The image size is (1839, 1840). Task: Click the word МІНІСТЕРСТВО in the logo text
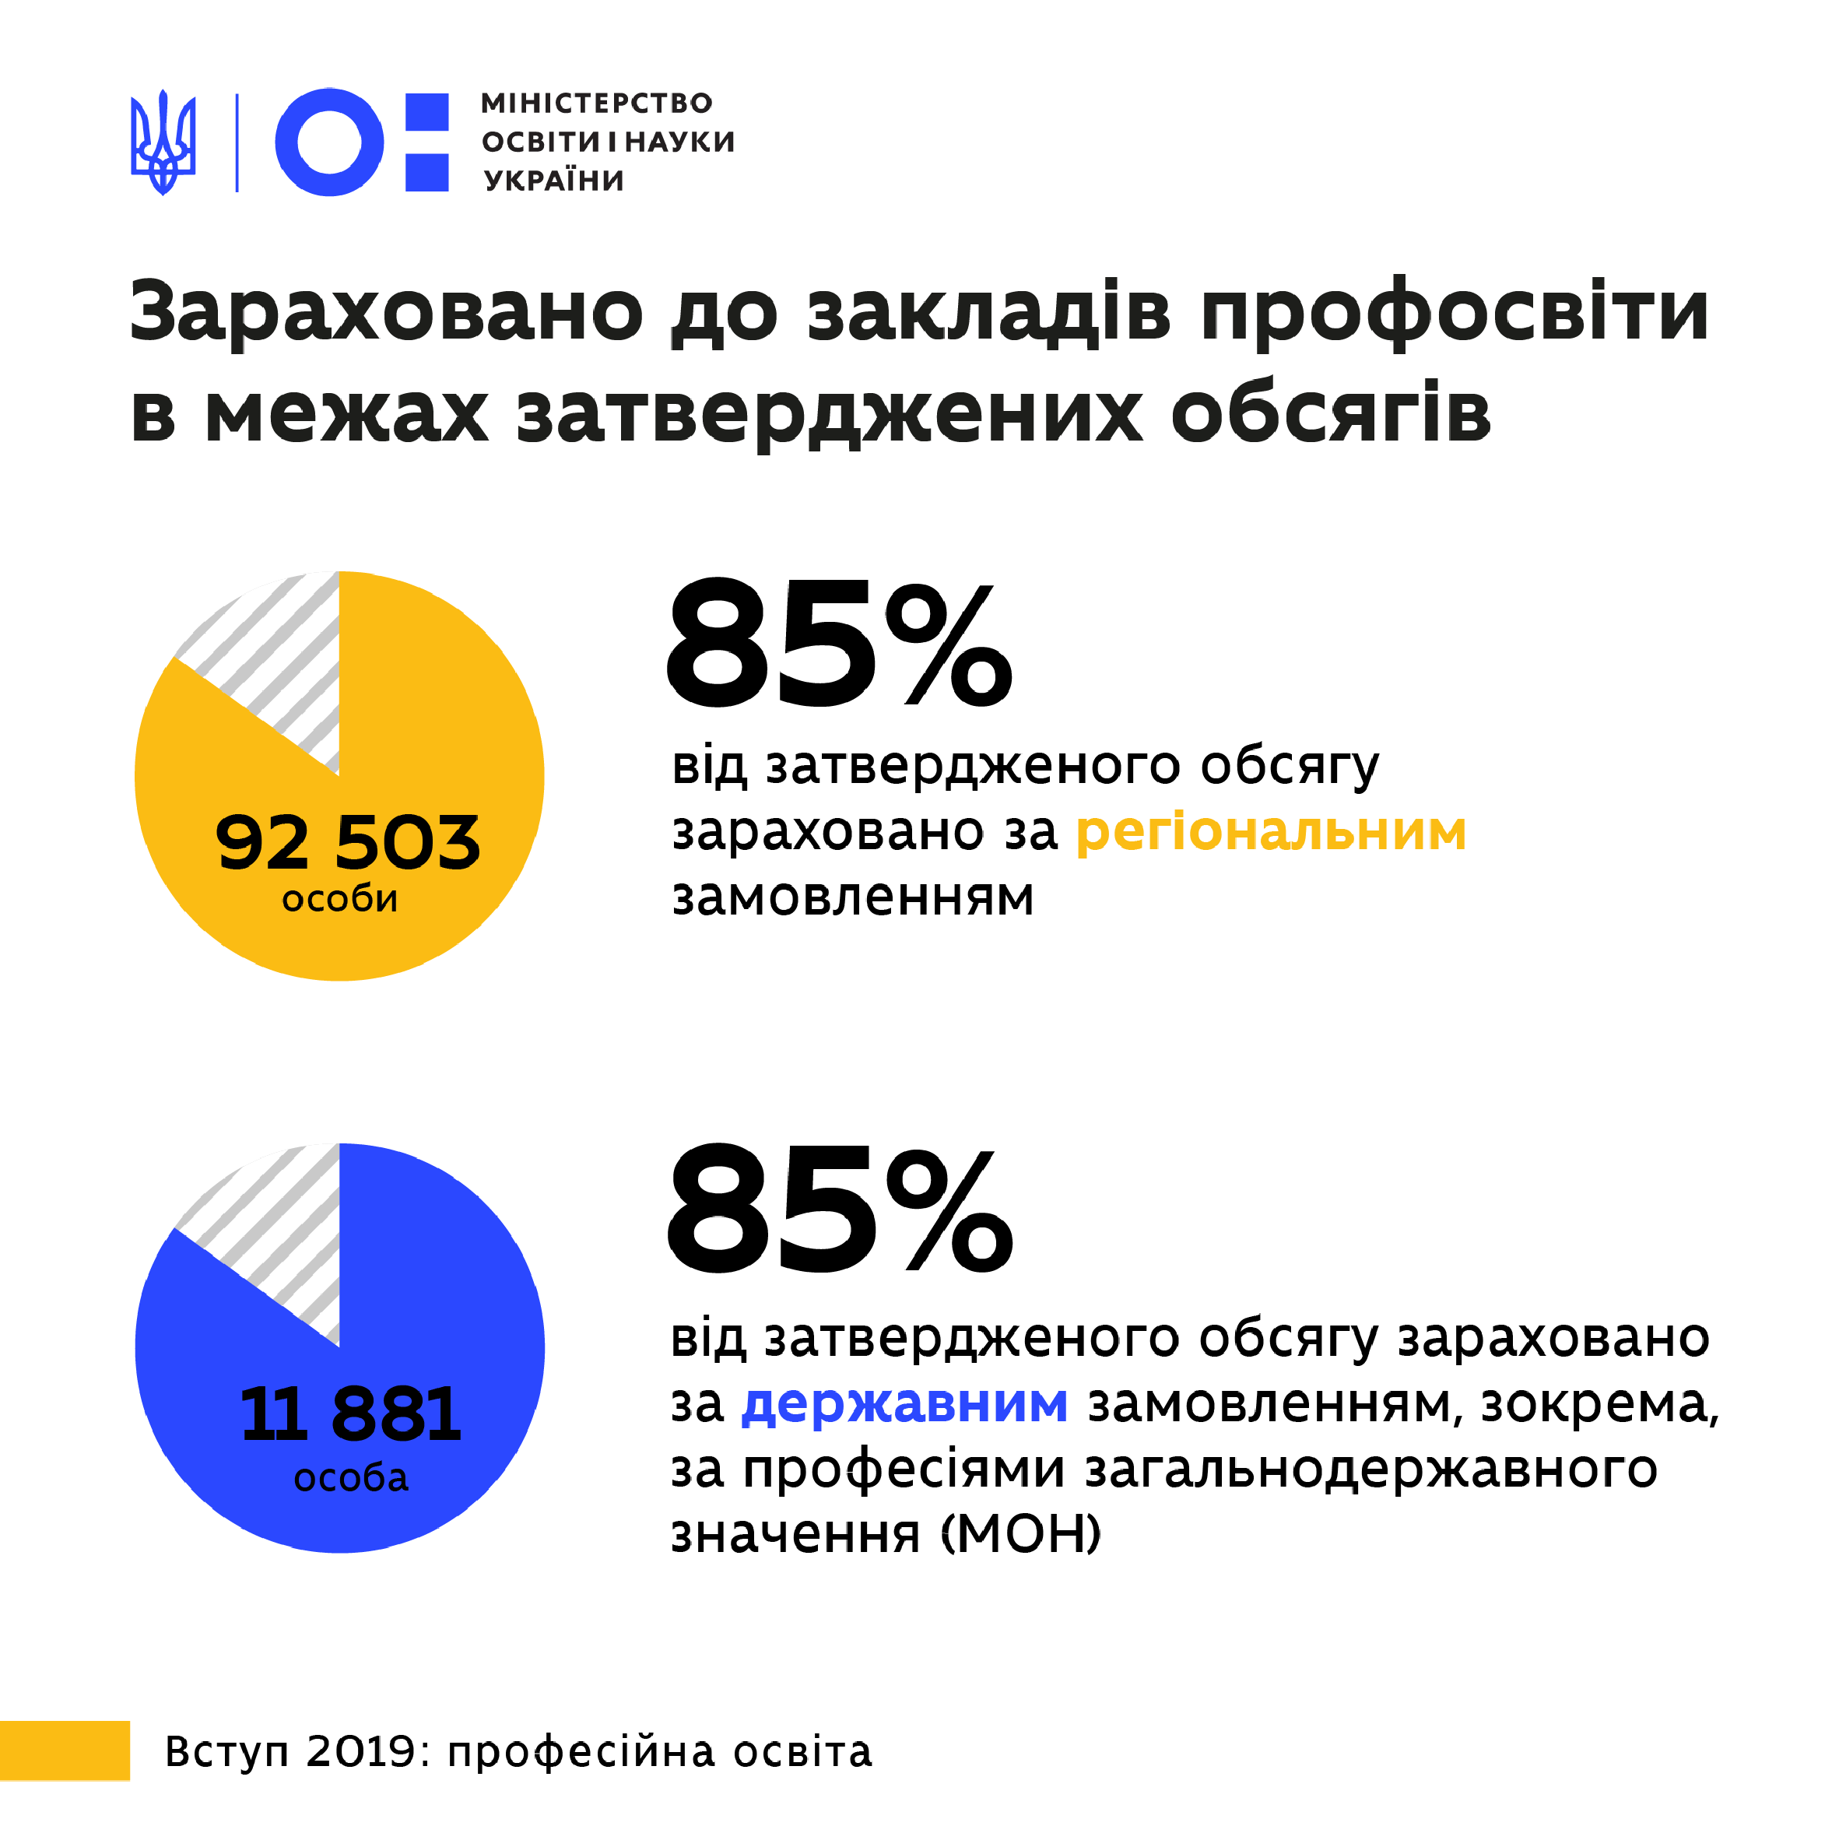[x=596, y=103]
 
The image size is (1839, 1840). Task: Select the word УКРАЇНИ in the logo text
[x=553, y=180]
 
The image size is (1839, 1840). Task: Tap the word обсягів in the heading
[x=1331, y=414]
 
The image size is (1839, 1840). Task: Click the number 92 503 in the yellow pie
[x=348, y=843]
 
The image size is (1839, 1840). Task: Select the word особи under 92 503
[x=340, y=899]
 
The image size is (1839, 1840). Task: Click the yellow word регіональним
[x=1270, y=830]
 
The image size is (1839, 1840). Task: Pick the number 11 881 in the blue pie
[x=350, y=1414]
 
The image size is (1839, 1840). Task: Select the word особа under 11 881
[x=350, y=1477]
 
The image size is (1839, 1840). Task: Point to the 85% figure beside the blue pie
[x=838, y=1210]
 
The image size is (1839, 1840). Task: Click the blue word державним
[x=905, y=1404]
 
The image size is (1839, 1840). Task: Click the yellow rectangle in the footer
[x=64, y=1750]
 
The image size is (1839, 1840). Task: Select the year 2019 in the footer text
[x=362, y=1752]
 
